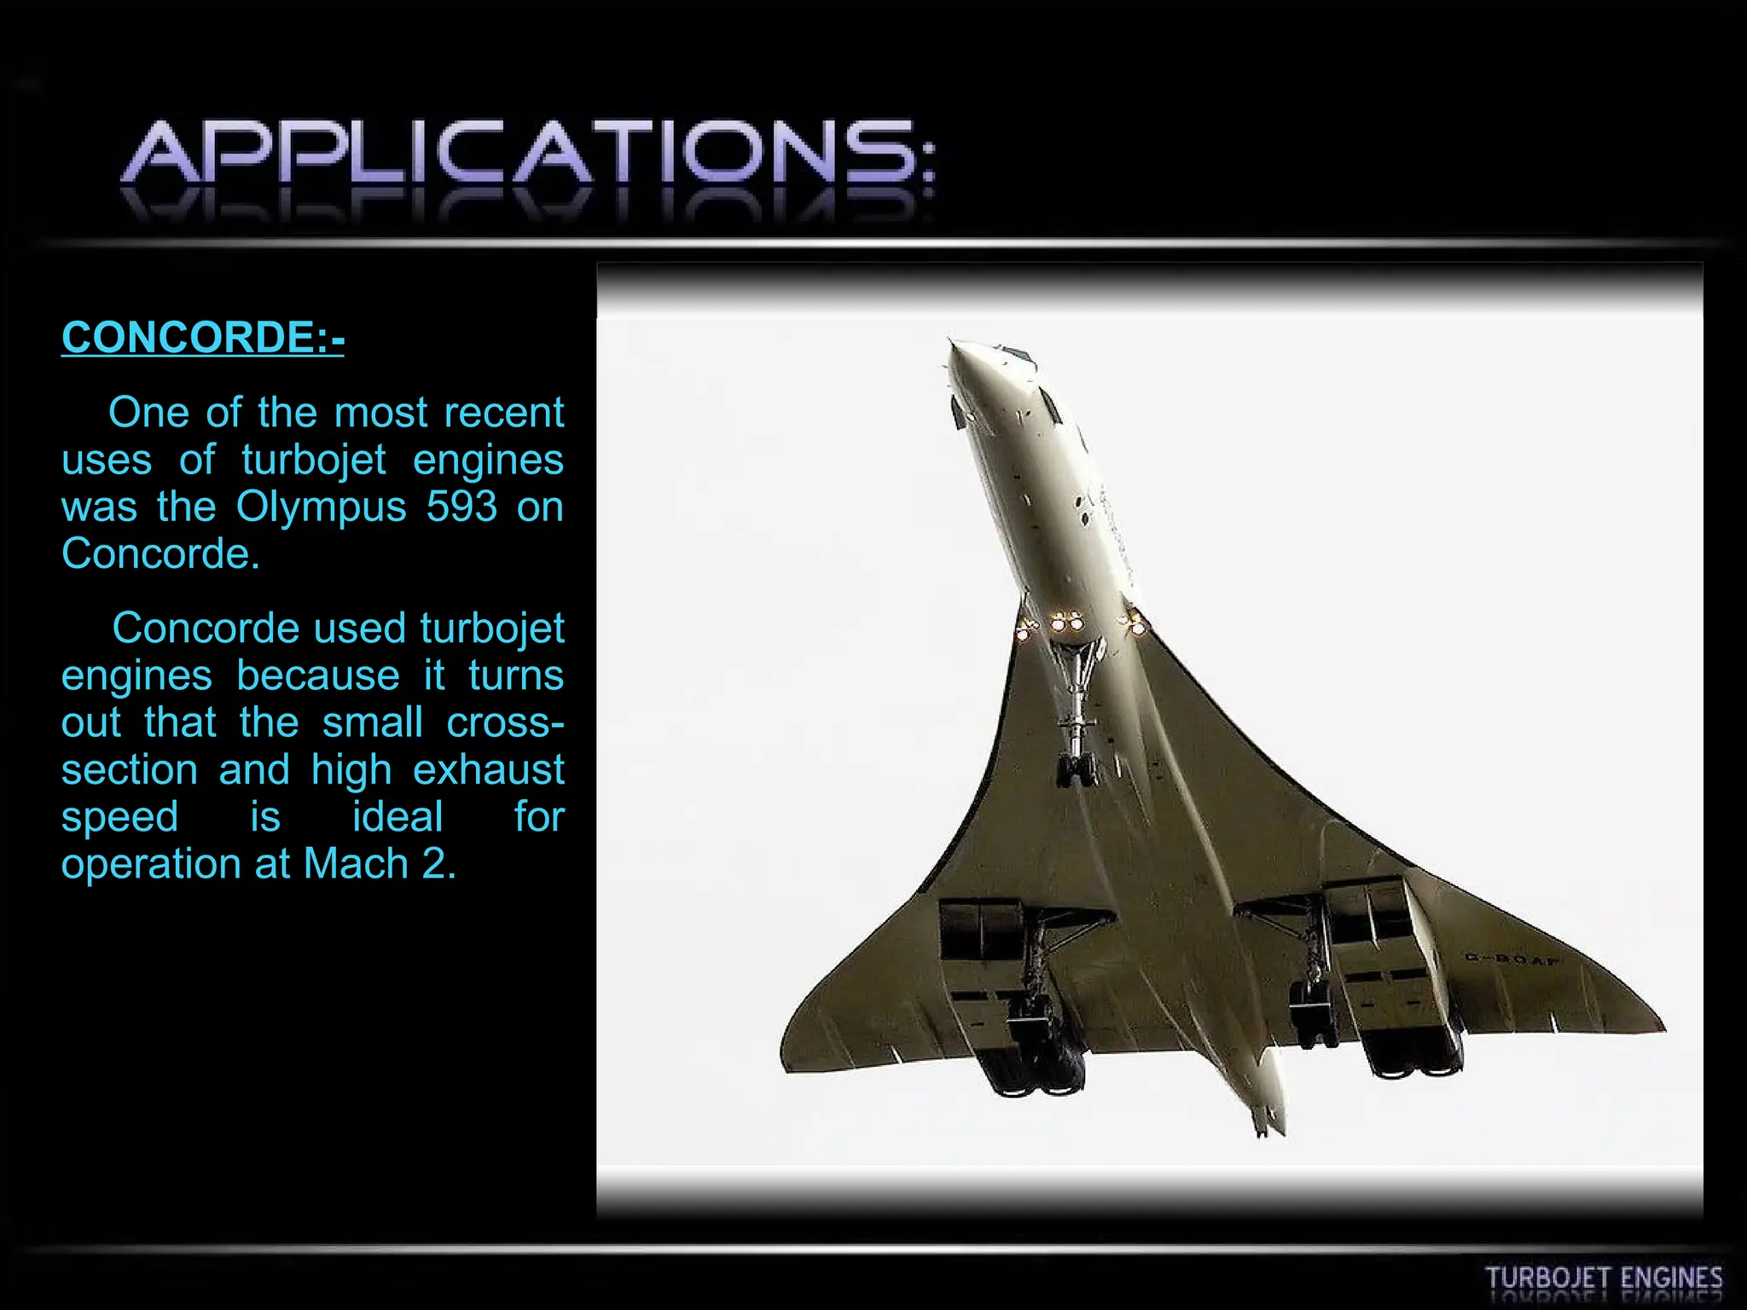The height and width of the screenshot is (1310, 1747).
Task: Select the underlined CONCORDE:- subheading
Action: [x=203, y=337]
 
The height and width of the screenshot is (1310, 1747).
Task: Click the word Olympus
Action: [x=322, y=508]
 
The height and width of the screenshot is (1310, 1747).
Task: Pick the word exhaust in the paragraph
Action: [x=488, y=769]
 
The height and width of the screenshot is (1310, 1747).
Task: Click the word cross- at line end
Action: [x=505, y=722]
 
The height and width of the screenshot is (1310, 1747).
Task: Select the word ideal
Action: [x=398, y=817]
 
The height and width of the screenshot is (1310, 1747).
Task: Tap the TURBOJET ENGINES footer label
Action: [x=1604, y=1278]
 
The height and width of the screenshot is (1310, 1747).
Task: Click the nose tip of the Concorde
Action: [x=952, y=345]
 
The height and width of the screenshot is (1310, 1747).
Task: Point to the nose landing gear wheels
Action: [x=1077, y=770]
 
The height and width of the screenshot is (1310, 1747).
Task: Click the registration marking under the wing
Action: [x=1512, y=959]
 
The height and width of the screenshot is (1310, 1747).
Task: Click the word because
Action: [x=317, y=675]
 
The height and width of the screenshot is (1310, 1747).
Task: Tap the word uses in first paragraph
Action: [x=107, y=461]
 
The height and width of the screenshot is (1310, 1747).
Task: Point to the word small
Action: [x=372, y=722]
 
